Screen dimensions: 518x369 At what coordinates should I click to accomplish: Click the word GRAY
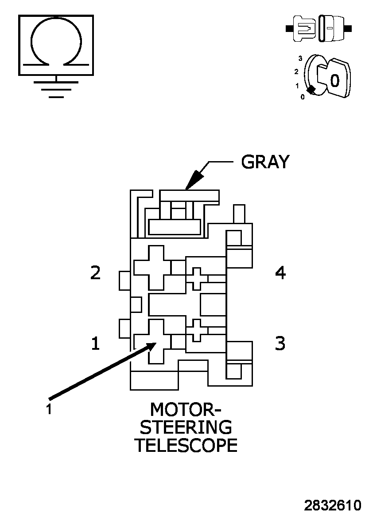pyautogui.click(x=265, y=162)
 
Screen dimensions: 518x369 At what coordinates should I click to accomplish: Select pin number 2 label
pyautogui.click(x=95, y=273)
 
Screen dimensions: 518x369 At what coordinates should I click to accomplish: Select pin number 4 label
pyautogui.click(x=280, y=273)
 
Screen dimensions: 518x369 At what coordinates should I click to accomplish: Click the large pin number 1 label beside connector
pyautogui.click(x=95, y=343)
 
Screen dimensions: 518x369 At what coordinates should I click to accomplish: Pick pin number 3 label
pyautogui.click(x=280, y=343)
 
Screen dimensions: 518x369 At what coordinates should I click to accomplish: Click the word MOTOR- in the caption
pyautogui.click(x=186, y=409)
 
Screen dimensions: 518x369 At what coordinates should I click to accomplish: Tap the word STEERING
pyautogui.click(x=186, y=427)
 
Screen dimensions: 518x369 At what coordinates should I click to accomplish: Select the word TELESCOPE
pyautogui.click(x=186, y=445)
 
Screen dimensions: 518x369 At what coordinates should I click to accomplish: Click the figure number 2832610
pyautogui.click(x=332, y=506)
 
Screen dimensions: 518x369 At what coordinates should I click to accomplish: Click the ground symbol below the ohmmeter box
pyautogui.click(x=56, y=87)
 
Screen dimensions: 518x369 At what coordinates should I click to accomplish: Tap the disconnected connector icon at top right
pyautogui.click(x=319, y=28)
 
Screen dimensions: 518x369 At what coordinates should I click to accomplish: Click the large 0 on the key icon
pyautogui.click(x=335, y=81)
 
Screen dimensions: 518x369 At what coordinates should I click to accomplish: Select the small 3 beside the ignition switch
pyautogui.click(x=300, y=58)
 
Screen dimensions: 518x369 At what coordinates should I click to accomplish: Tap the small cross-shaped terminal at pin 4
pyautogui.click(x=197, y=278)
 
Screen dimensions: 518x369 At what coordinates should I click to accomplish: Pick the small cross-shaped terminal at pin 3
pyautogui.click(x=197, y=330)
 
